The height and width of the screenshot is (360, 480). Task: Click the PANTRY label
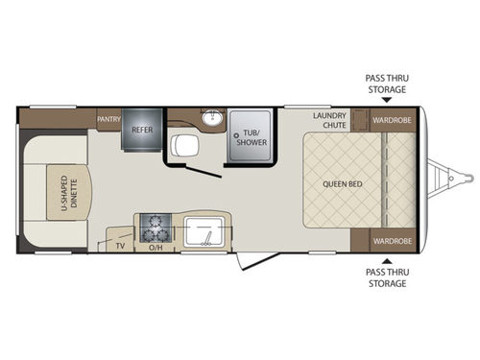108,119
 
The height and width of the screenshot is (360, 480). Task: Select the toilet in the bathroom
182,146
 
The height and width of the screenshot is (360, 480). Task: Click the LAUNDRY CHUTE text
328,120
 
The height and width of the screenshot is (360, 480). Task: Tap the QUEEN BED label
342,183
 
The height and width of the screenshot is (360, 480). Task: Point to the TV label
120,246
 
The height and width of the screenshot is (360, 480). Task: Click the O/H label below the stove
155,247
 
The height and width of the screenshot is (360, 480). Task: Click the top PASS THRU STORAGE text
385,84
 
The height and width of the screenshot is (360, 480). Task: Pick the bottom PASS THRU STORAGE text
385,278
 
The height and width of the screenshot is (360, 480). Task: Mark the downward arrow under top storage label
385,99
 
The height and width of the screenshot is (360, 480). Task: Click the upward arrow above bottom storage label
385,259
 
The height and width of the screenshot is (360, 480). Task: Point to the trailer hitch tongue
451,180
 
